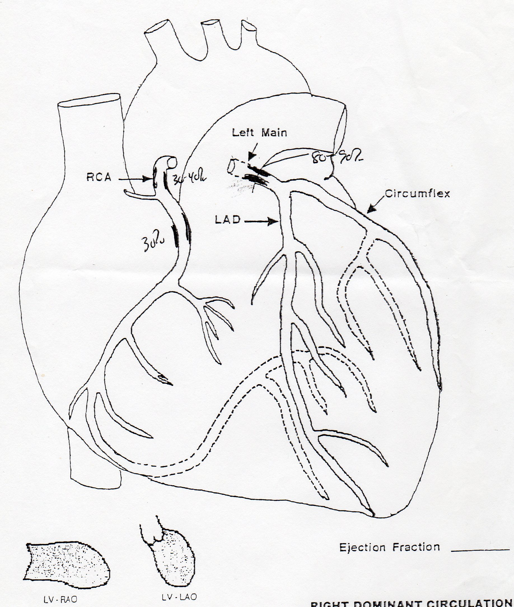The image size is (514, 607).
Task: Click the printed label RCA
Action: tap(99, 177)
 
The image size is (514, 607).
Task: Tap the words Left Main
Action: tap(259, 133)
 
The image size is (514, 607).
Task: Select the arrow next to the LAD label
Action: tap(261, 222)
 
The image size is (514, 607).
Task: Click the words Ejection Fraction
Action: tap(389, 547)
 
